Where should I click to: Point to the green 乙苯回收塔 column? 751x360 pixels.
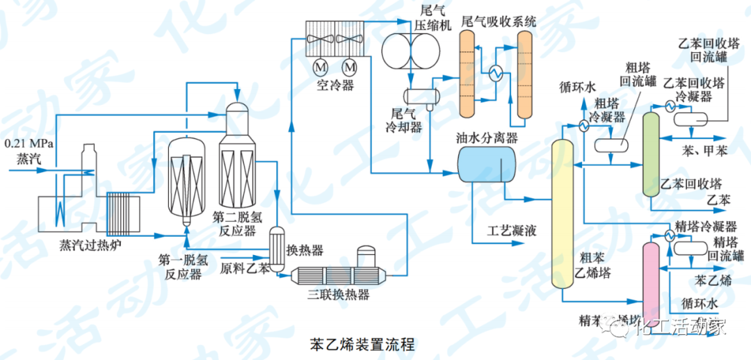tap(650, 153)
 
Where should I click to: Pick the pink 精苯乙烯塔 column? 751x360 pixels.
tap(651, 281)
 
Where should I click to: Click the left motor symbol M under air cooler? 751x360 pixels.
tap(321, 67)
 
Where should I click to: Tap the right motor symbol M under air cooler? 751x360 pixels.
tap(350, 67)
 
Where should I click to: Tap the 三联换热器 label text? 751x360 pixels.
tap(339, 295)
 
